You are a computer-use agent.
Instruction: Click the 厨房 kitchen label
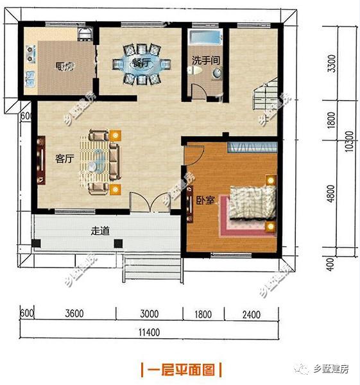(62, 65)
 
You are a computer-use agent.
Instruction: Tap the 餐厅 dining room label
(141, 63)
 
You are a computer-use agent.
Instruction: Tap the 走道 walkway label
(99, 231)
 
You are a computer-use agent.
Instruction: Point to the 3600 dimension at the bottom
(74, 314)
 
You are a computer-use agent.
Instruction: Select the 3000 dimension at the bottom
(149, 314)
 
